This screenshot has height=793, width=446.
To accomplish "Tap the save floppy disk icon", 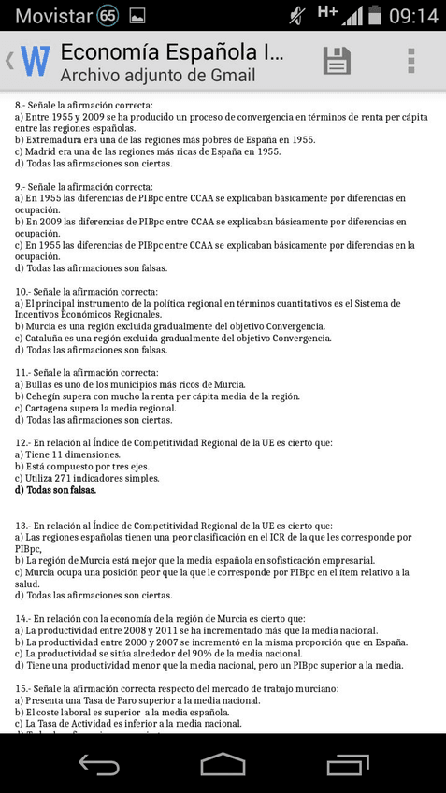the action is pyautogui.click(x=337, y=61).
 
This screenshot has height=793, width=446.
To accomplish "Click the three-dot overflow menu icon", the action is pyautogui.click(x=410, y=61).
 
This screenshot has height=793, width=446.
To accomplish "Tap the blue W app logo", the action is pyautogui.click(x=35, y=62).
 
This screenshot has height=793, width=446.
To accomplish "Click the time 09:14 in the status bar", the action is pyautogui.click(x=412, y=16).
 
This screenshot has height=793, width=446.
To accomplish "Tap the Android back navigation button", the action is pyautogui.click(x=98, y=764).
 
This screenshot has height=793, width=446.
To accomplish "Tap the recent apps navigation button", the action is pyautogui.click(x=347, y=764).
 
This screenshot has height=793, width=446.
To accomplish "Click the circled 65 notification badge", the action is pyautogui.click(x=108, y=16).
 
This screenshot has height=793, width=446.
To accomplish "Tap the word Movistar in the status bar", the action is pyautogui.click(x=53, y=16).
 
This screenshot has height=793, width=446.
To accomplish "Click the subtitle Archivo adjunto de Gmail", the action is pyautogui.click(x=157, y=76).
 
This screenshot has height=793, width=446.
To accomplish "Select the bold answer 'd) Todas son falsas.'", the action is pyautogui.click(x=55, y=490).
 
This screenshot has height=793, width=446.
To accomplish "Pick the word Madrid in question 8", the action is pyautogui.click(x=42, y=151).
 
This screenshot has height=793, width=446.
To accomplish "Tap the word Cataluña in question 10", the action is pyautogui.click(x=47, y=339).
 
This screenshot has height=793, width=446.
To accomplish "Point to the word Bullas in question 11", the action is pyautogui.click(x=41, y=384).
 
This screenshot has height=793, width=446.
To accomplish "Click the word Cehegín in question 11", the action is pyautogui.click(x=45, y=396).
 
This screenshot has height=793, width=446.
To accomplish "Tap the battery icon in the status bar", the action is pyautogui.click(x=376, y=16).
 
